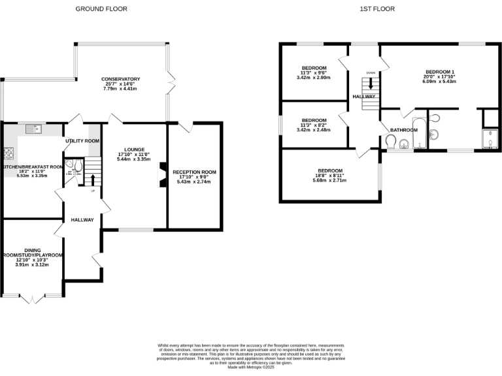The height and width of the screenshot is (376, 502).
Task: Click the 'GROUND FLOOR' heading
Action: (x=101, y=9)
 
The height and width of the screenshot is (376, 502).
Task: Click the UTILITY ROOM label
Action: (x=82, y=141)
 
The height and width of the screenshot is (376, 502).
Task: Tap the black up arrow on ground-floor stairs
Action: (x=92, y=179)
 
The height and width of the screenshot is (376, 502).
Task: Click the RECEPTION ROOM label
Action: (x=195, y=172)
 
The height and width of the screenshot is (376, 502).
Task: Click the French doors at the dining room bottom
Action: (x=31, y=298)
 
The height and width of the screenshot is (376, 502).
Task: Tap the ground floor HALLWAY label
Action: (x=83, y=220)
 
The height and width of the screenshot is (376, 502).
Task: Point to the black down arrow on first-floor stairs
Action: (x=371, y=83)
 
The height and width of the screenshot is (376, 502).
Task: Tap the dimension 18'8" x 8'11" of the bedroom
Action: (x=331, y=176)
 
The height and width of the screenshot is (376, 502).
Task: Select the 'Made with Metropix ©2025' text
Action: (x=251, y=368)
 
